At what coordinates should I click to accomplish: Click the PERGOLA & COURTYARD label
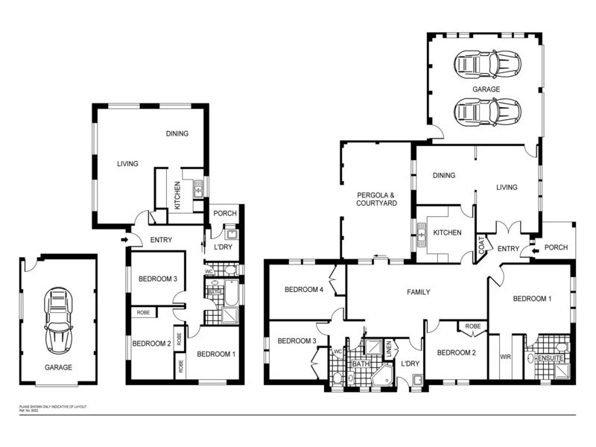coord(375,199)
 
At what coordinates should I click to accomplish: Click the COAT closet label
coord(482,246)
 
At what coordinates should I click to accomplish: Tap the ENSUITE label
coord(552,359)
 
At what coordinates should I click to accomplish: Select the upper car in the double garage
coord(484,65)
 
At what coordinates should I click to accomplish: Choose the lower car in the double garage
coord(484,112)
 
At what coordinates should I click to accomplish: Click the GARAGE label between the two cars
coord(485,89)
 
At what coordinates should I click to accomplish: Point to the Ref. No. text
coord(28,411)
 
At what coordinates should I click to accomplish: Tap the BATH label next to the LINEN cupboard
coord(361,364)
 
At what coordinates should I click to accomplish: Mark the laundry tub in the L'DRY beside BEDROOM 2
coord(417,381)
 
